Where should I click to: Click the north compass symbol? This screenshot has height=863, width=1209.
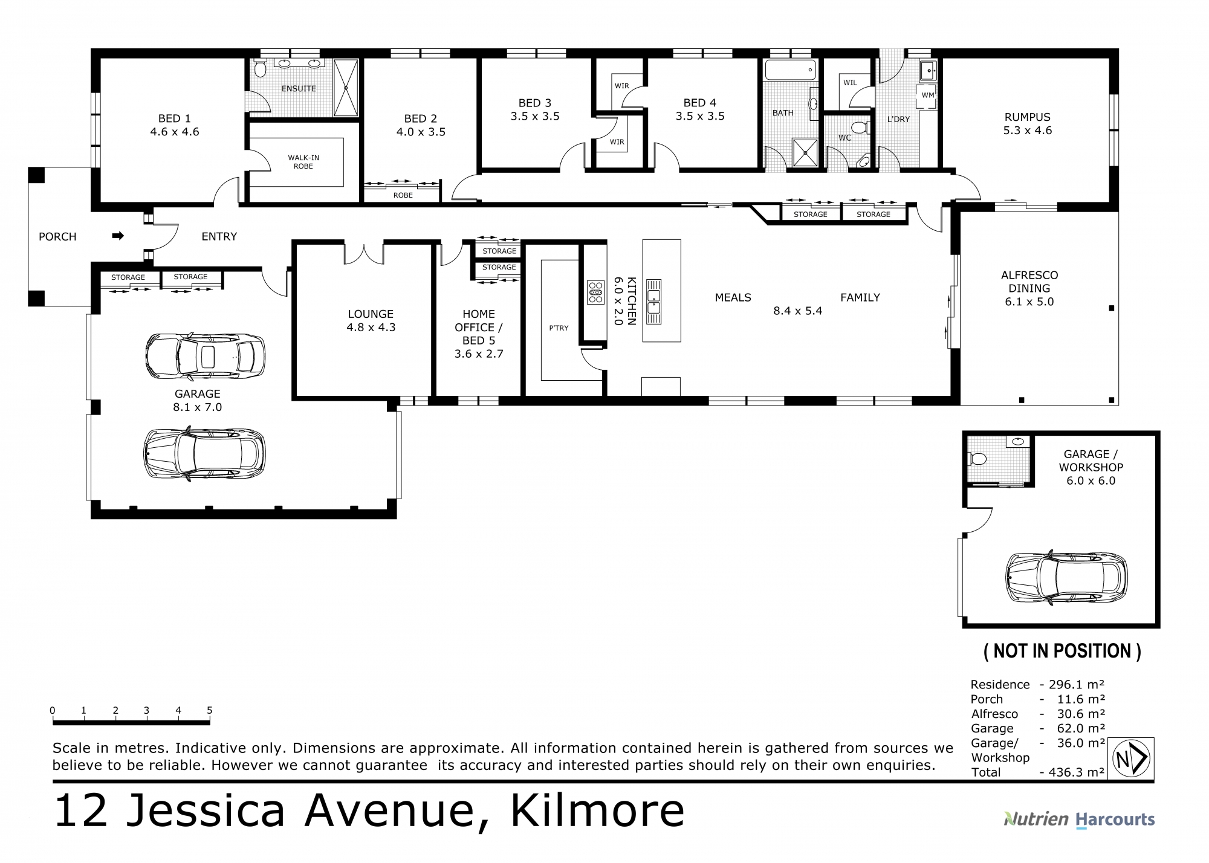[1130, 758]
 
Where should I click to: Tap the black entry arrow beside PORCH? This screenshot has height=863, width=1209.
[118, 236]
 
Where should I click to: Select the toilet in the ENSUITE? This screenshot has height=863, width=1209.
[260, 69]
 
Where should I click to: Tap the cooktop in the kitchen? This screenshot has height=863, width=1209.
[595, 292]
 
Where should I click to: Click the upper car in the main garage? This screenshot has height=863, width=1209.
[205, 356]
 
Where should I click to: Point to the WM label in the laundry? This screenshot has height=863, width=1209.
[927, 95]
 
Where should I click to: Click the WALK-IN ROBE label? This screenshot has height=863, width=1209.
[303, 162]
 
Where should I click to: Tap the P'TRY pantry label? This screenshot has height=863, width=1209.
[559, 328]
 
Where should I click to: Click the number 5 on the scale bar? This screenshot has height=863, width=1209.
[209, 710]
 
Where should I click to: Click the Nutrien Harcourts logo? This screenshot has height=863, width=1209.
[1079, 819]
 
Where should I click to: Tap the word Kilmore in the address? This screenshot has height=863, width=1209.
[597, 811]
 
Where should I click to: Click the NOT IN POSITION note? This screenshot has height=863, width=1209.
[1062, 651]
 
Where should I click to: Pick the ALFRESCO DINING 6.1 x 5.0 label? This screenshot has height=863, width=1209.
[1029, 288]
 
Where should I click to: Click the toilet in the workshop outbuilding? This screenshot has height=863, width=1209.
[977, 459]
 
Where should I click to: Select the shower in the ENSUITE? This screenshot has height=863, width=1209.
[346, 88]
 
